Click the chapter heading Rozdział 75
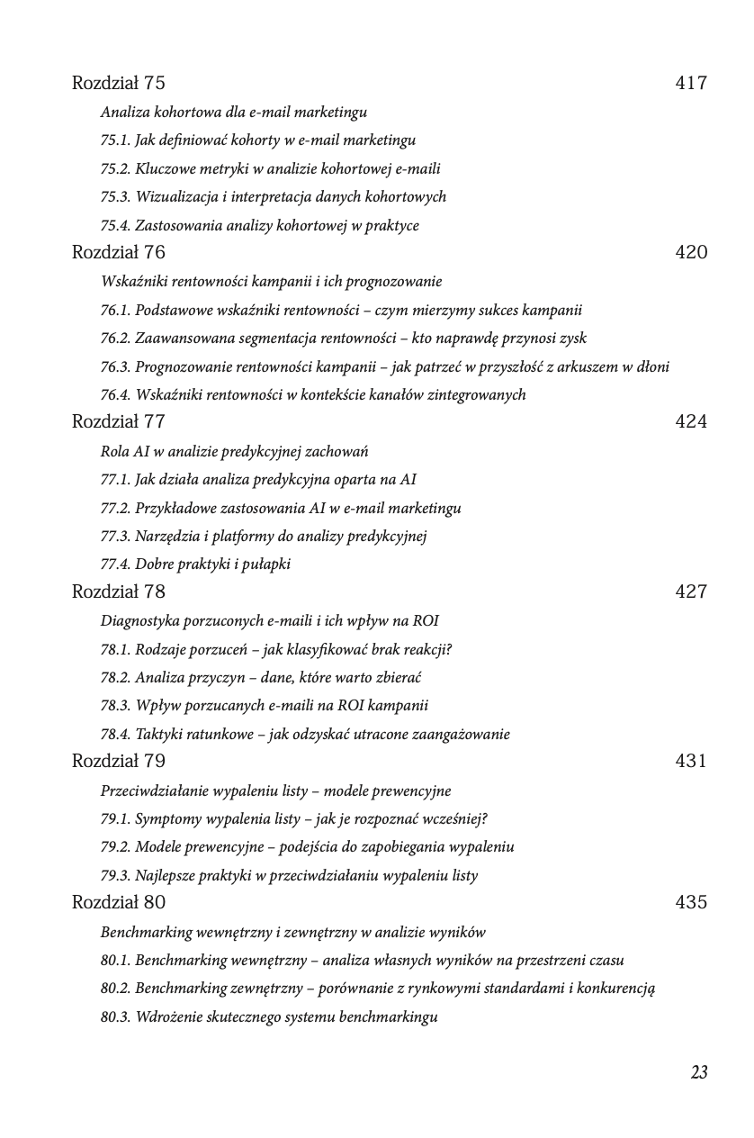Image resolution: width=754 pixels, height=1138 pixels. coord(118,83)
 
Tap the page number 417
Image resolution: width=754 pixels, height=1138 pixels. coord(690,83)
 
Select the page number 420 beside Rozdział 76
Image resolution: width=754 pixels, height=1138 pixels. coord(690,252)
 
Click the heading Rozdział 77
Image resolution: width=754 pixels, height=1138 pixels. coord(118,421)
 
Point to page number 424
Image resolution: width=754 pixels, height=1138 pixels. coord(690,421)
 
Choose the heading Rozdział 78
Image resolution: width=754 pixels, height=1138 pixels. coord(118,592)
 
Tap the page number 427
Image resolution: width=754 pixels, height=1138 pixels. coord(690,592)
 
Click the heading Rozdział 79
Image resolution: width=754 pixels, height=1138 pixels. coord(118,761)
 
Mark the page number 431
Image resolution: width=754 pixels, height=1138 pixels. coord(690,761)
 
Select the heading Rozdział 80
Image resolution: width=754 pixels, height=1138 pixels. coord(118,902)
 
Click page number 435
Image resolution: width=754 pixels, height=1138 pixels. coord(690,902)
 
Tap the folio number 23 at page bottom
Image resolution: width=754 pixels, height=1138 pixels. coord(699,1072)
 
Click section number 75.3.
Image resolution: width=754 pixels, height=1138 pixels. coord(115,197)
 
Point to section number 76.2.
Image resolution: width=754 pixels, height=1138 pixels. coord(115,339)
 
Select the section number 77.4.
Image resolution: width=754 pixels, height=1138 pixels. coord(115,564)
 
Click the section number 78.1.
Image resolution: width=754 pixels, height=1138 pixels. coord(115,650)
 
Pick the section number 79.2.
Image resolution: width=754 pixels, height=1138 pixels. coord(115,847)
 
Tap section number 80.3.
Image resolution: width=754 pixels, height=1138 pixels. coord(115,1017)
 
